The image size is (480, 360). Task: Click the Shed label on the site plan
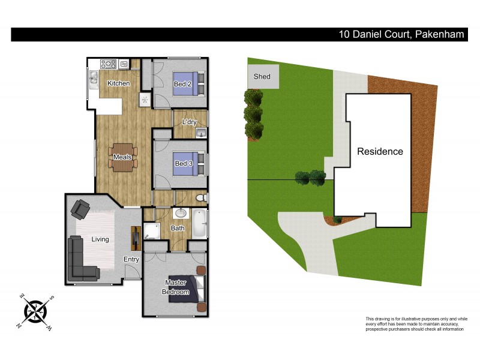tap(262, 76)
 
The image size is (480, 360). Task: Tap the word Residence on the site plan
tap(380, 151)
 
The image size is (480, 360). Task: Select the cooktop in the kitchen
tap(109, 64)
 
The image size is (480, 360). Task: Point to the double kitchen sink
tap(94, 78)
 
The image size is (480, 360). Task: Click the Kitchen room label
tap(118, 83)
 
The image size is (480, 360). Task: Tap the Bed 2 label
tap(182, 84)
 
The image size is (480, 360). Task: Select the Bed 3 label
tap(182, 164)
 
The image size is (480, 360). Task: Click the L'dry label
tap(189, 122)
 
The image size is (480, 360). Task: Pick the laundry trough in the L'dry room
tap(201, 133)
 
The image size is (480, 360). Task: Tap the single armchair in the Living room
tap(80, 209)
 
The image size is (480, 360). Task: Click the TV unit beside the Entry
tap(135, 237)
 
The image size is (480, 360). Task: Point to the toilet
tap(202, 197)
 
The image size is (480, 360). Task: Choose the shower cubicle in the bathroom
tap(151, 233)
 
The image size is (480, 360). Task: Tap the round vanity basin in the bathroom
tap(179, 214)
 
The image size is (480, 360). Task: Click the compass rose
tap(35, 311)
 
